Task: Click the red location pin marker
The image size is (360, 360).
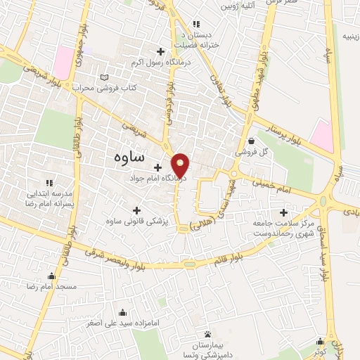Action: tap(181, 165)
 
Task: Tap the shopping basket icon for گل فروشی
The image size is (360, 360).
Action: tap(251, 141)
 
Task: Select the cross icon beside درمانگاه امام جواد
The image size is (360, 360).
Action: tap(158, 169)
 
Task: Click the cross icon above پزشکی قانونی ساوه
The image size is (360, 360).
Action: tap(136, 210)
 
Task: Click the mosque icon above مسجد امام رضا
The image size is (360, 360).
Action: tap(51, 276)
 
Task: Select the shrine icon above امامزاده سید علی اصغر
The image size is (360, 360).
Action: tap(124, 312)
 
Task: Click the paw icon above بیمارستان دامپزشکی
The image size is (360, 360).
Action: tap(207, 333)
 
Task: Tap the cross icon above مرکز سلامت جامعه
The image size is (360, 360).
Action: tap(284, 212)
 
